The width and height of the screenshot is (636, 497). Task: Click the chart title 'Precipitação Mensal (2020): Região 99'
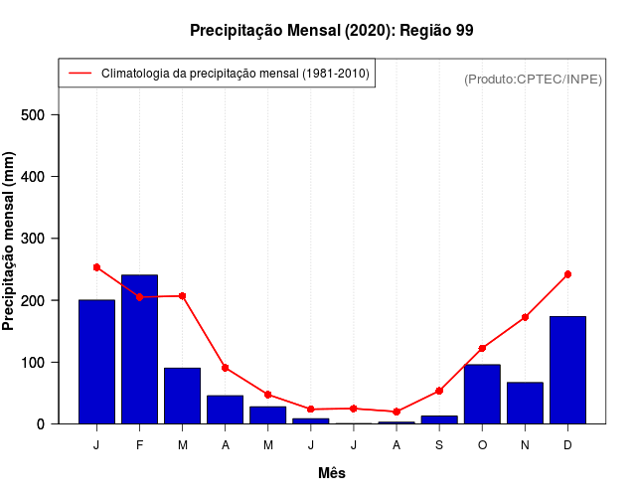point(331,31)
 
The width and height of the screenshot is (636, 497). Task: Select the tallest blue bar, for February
point(139,349)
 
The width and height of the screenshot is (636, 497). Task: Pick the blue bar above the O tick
point(482,394)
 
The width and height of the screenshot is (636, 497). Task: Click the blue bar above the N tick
point(525,403)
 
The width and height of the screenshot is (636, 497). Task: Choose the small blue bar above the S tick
point(439,419)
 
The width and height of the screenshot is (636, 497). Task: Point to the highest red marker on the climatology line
point(96,267)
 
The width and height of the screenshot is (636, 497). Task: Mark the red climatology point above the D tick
point(567,274)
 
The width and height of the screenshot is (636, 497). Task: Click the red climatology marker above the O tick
point(482,348)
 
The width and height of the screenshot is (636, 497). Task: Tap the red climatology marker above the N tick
point(525,317)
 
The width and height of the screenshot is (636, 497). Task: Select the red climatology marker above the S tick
point(439,391)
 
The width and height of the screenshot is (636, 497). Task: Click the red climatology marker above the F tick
point(139,296)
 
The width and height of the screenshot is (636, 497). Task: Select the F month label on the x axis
point(139,445)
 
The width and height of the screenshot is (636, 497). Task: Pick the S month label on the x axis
point(439,445)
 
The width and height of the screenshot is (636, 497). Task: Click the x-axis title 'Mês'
point(332,473)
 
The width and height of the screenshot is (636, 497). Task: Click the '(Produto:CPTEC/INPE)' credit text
point(533,79)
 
